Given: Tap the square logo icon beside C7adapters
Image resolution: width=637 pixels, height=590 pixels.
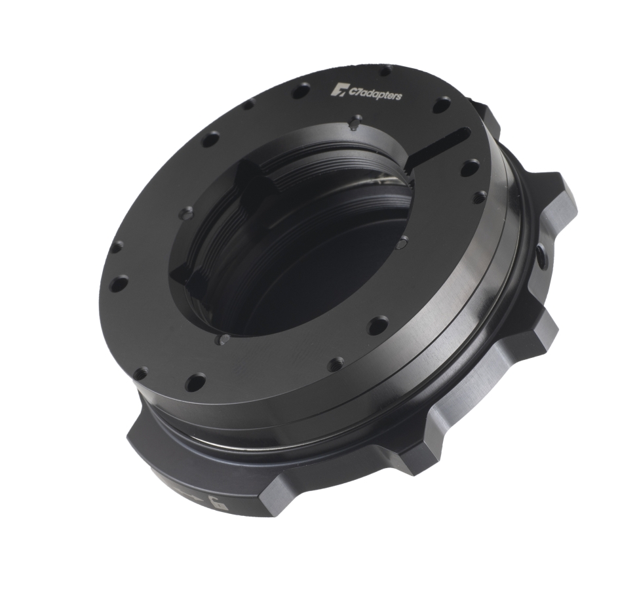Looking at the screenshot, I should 339,89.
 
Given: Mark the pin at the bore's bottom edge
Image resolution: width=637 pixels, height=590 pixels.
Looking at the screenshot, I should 223,340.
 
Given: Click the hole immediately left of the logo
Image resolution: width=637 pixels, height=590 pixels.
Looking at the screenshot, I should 301,90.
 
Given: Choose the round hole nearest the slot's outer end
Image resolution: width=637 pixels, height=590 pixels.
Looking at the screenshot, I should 469,168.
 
